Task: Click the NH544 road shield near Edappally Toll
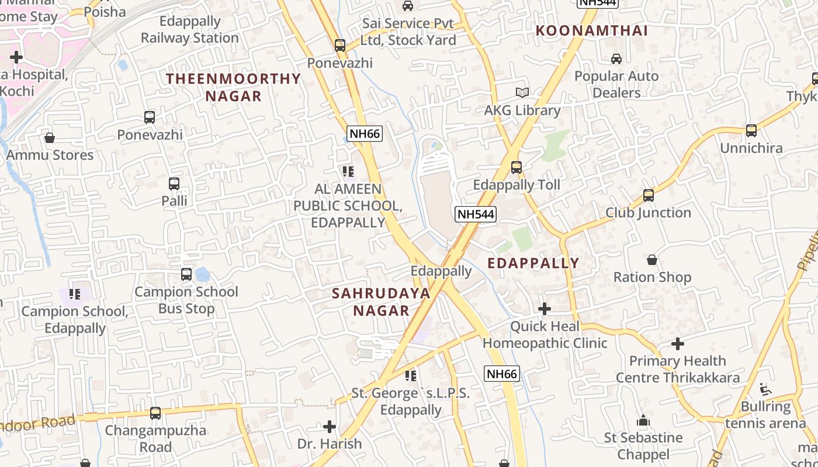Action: point(476,214)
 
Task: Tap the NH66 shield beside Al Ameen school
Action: point(365,134)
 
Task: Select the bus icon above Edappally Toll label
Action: point(516,168)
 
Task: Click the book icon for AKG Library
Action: point(522,92)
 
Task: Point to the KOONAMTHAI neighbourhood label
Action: point(592,31)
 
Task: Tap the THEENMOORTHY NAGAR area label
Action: point(233,87)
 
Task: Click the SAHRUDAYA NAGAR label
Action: point(381,302)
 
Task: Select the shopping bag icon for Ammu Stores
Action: point(50,138)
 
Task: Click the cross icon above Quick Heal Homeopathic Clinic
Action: point(545,308)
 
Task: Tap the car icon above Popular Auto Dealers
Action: point(616,58)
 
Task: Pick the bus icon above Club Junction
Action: point(648,195)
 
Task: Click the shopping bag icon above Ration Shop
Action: point(652,260)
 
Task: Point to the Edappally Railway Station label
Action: point(190,30)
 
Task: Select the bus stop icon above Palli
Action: point(174,183)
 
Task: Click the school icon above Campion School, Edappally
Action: point(74,294)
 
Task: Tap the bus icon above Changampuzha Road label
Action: point(155,413)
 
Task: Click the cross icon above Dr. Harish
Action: point(330,426)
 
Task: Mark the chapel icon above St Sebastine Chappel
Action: point(643,420)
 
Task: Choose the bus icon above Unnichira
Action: point(751,130)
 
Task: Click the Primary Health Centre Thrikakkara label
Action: point(678,369)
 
